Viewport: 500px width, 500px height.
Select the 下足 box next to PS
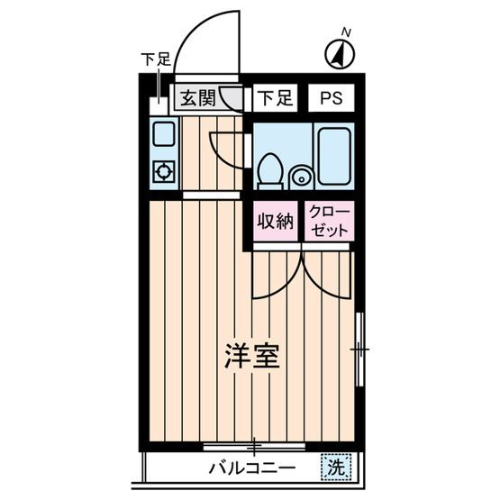click(273, 98)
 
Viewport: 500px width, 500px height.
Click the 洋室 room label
click(252, 357)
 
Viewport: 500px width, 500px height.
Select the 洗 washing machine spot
click(334, 468)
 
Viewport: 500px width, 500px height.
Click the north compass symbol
click(338, 55)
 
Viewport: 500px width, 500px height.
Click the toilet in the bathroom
click(268, 169)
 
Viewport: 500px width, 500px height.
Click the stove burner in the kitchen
click(164, 171)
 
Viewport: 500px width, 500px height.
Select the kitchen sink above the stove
click(164, 135)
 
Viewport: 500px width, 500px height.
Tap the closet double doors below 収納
click(302, 272)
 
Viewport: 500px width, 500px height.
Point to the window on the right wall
click(359, 347)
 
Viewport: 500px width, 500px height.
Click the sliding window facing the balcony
click(255, 446)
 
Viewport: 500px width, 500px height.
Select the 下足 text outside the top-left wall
click(155, 60)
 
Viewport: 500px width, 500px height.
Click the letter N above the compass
click(345, 33)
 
